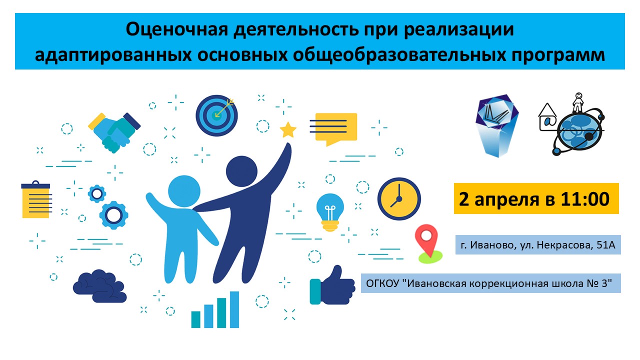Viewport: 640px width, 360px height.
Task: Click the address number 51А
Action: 606,245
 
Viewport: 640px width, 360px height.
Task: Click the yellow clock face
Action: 399,199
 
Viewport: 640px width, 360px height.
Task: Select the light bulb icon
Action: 330,212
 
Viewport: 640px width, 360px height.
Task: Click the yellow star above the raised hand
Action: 287,130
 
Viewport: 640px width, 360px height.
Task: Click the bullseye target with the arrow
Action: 216,115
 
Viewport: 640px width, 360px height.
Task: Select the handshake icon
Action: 114,132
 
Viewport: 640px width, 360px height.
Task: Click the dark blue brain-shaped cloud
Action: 99,286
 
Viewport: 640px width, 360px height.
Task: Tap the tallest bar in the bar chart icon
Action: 234,309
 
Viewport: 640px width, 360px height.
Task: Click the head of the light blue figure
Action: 184,191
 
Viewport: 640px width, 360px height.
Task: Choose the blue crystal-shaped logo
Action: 497,125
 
